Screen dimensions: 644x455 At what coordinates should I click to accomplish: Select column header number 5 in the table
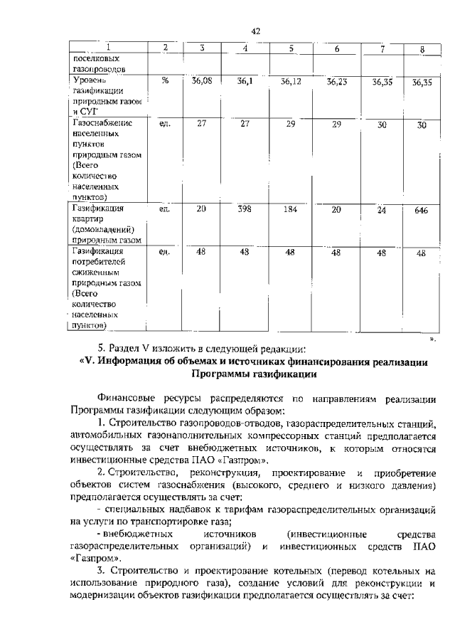pos(291,48)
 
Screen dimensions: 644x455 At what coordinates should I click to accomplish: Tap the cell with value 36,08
pos(203,81)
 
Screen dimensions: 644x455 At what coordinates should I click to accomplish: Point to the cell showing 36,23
pos(337,82)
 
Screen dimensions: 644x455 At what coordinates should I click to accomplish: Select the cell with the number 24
pos(382,210)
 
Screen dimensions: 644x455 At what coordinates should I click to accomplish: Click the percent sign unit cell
pos(165,81)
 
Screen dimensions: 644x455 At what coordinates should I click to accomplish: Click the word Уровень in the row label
pos(90,81)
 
